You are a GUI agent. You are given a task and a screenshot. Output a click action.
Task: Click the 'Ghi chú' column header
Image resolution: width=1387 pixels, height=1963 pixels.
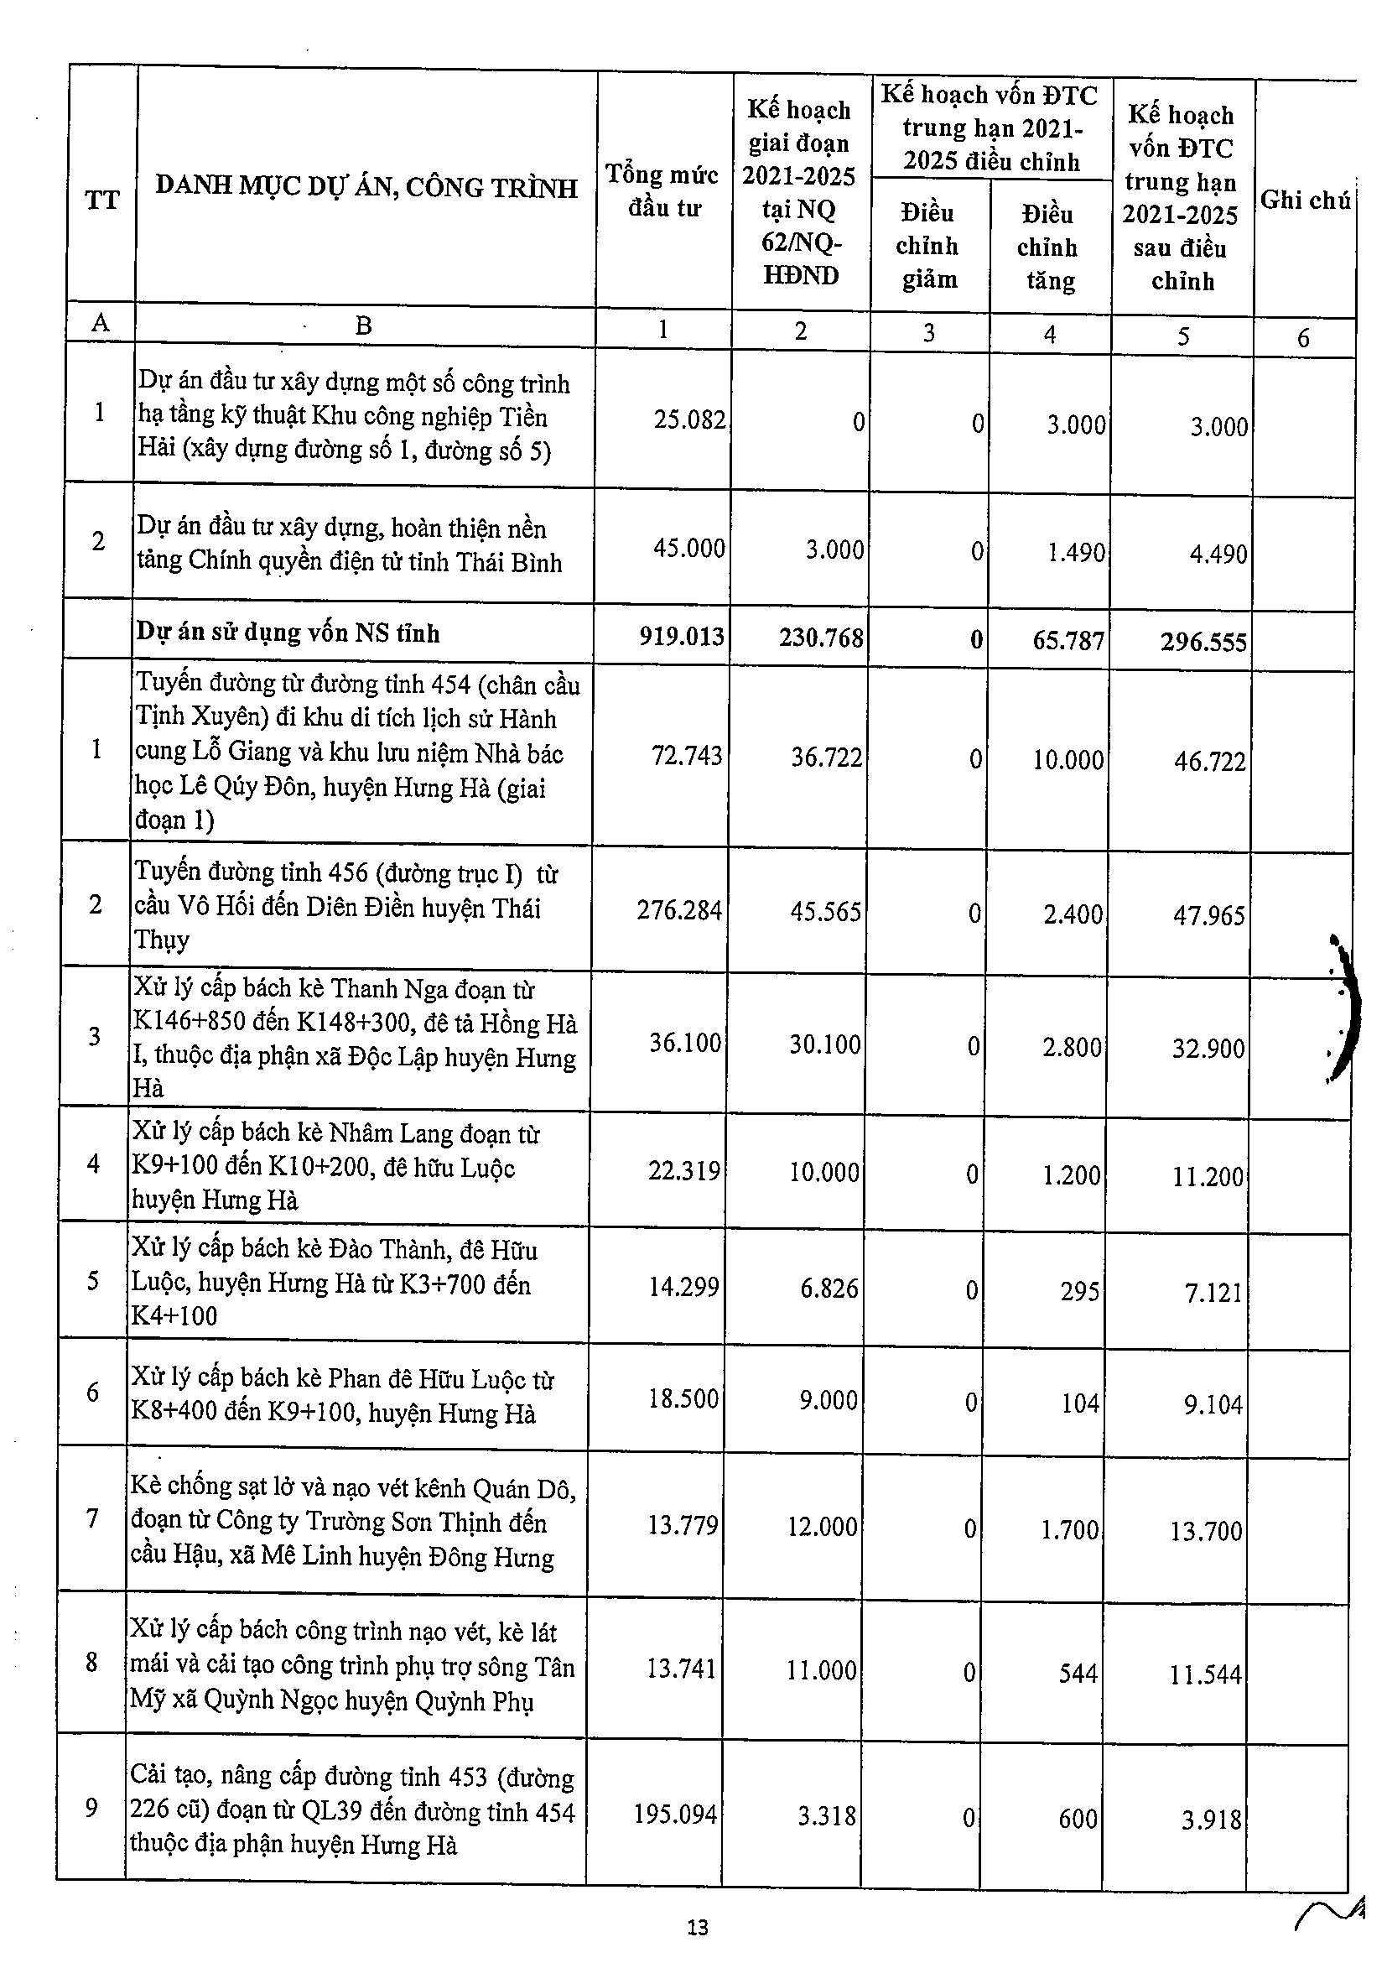(x=1305, y=200)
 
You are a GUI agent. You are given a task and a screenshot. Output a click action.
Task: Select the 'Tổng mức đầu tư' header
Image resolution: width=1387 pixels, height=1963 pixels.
(x=663, y=190)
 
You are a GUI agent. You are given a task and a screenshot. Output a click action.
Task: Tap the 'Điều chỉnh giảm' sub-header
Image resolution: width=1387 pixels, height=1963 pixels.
(x=928, y=247)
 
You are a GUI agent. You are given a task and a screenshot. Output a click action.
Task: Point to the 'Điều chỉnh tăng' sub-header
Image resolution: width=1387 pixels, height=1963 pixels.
(x=1048, y=247)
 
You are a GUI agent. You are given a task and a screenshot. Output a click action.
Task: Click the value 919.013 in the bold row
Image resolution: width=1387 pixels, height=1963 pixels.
(x=682, y=636)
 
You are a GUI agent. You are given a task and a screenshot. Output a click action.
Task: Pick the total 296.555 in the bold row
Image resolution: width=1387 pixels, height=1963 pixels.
(x=1203, y=642)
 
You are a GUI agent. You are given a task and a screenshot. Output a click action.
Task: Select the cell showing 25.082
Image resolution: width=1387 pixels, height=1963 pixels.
(x=688, y=419)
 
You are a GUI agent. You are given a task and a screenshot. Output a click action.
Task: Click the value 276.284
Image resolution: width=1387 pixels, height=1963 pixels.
(x=679, y=909)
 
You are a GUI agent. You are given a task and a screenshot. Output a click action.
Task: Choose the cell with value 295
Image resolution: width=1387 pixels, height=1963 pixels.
(x=1079, y=1290)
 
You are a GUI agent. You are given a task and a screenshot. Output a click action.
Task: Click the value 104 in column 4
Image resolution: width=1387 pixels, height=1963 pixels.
(x=1079, y=1403)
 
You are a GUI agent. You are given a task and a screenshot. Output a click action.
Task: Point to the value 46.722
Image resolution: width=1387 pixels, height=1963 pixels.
(x=1209, y=761)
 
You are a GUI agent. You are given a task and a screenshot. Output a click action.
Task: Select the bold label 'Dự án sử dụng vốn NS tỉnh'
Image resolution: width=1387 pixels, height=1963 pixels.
(x=288, y=633)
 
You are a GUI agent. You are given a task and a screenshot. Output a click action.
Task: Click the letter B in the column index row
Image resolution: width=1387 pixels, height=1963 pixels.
(x=364, y=325)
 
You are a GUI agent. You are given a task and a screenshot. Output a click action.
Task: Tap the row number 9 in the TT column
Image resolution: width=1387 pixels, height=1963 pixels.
(x=91, y=1808)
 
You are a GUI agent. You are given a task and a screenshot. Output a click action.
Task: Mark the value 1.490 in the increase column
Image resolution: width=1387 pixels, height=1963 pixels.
(x=1076, y=552)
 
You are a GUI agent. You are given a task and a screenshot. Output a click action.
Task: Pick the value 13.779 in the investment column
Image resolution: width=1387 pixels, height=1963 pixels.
(x=683, y=1525)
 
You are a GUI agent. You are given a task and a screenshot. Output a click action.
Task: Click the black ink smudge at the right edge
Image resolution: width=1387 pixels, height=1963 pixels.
(x=1343, y=1009)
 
